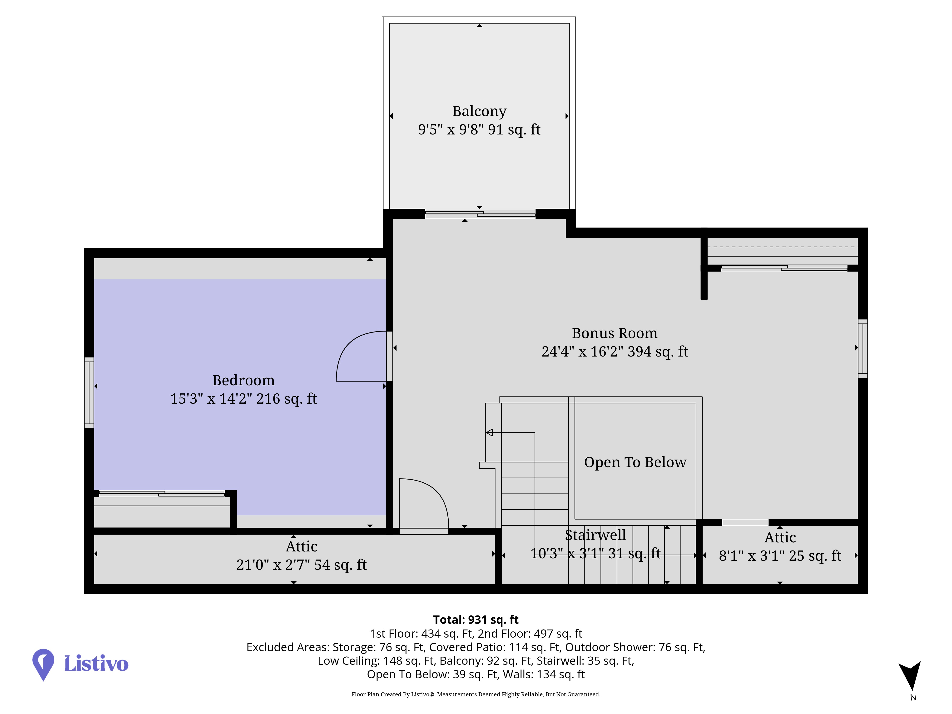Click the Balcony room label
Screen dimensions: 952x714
479,111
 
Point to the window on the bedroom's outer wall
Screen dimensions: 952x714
89,392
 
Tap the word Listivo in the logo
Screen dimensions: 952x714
96,663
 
